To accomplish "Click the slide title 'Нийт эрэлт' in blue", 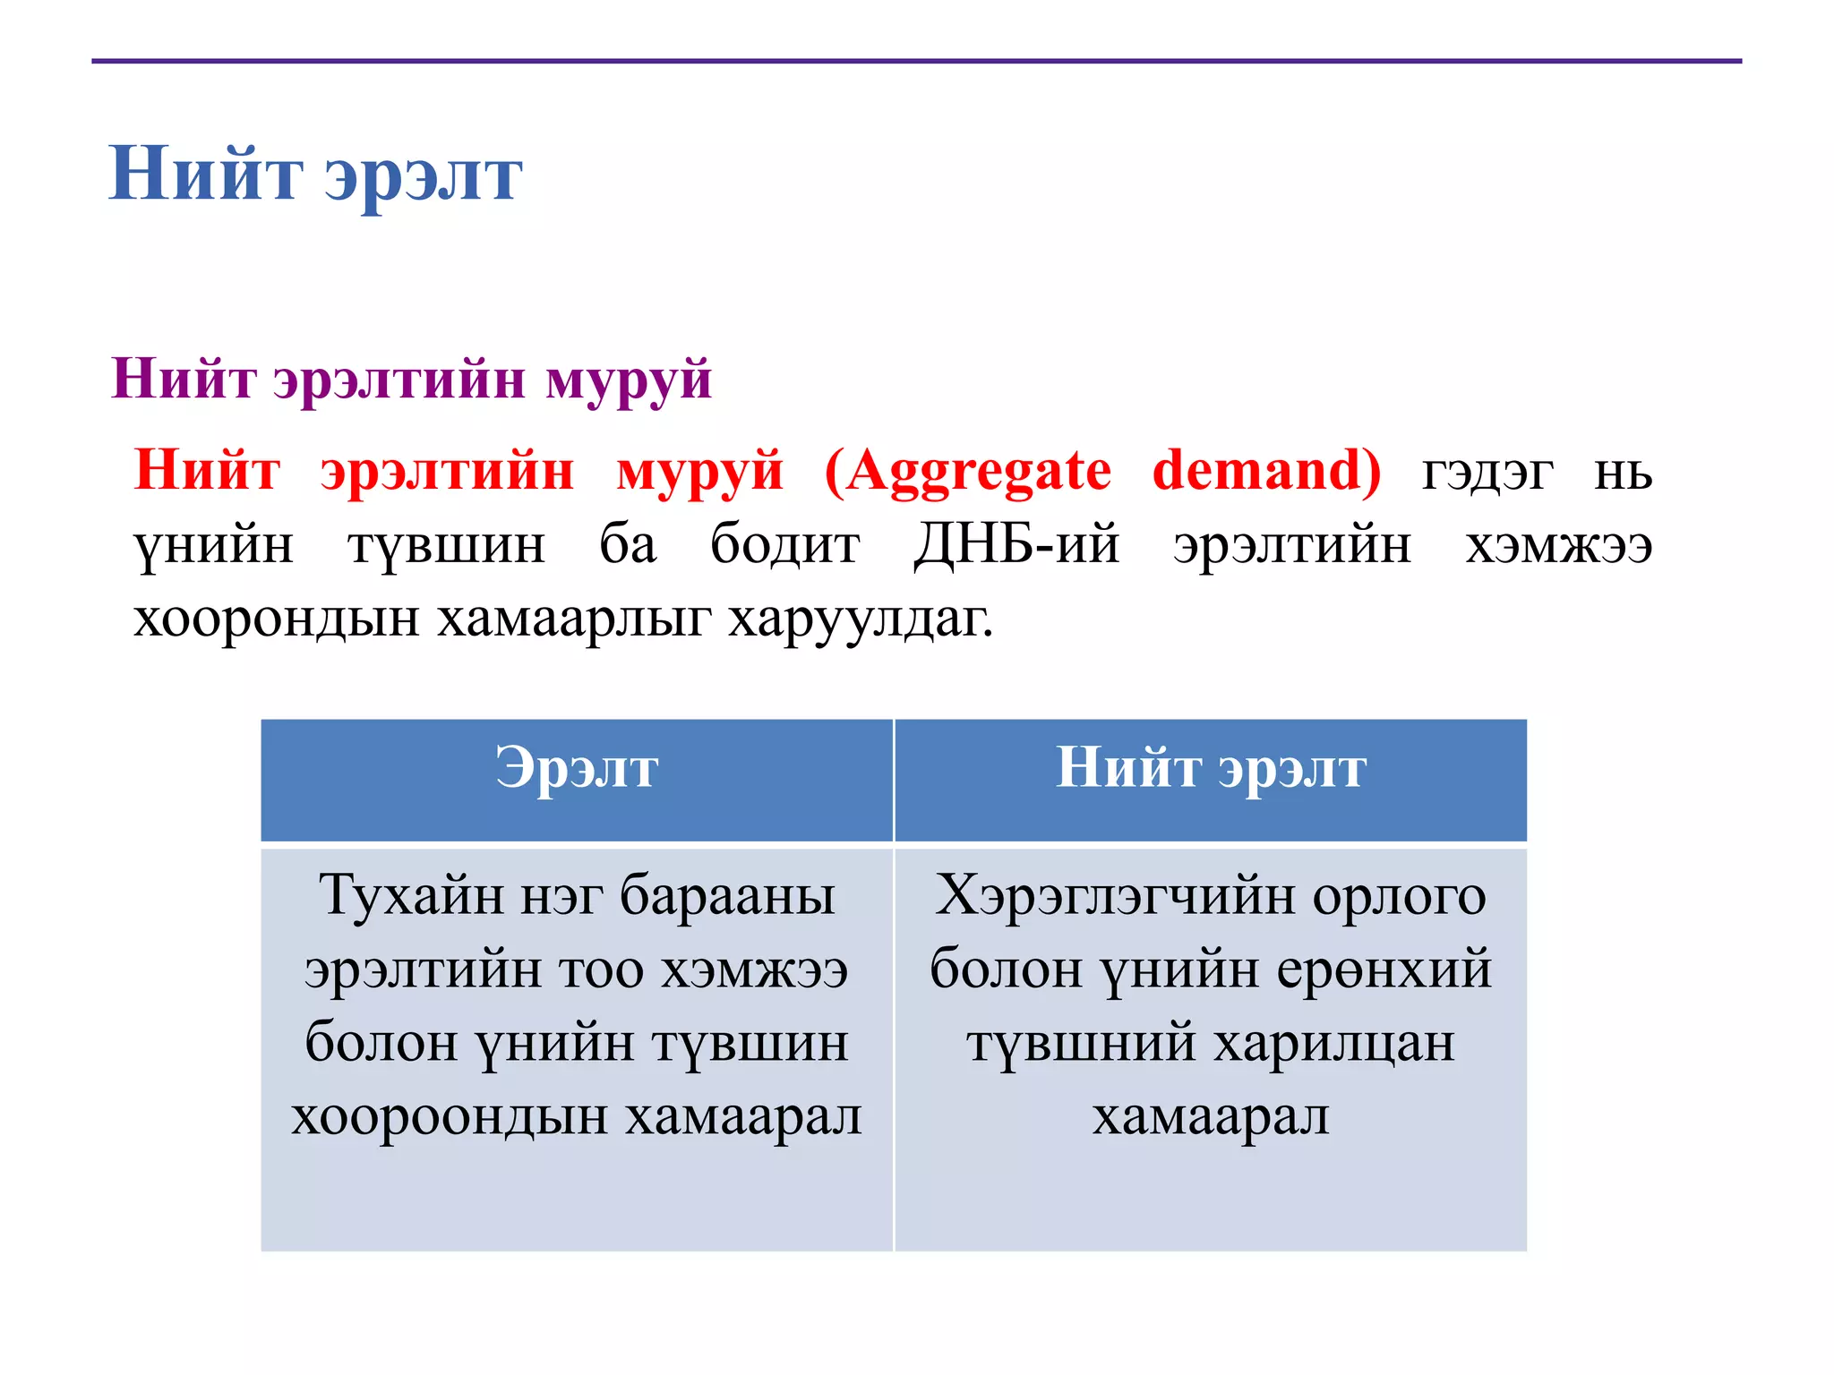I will click(315, 175).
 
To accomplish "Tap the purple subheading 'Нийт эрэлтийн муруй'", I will click(411, 379).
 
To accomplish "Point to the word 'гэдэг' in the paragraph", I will click(1487, 472).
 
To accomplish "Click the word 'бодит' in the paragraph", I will click(784, 544).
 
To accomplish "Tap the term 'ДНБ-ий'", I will click(1016, 544).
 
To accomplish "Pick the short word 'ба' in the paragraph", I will click(628, 544).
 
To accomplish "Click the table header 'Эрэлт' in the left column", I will click(577, 769).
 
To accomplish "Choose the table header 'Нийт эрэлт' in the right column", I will click(1211, 769).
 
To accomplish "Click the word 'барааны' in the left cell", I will click(727, 895).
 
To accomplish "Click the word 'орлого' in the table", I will click(1399, 895).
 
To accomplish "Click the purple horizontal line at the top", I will click(917, 61).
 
